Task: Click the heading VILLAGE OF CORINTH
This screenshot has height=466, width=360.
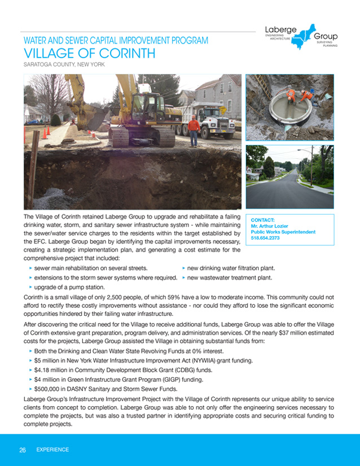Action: (89, 54)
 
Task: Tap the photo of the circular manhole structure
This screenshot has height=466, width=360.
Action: (289, 107)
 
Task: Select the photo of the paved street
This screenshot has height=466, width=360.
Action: (289, 177)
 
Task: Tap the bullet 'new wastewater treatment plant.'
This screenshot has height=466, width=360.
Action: (230, 278)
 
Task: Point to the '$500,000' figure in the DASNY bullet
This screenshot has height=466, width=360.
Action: (48, 389)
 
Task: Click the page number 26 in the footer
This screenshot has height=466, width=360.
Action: (23, 450)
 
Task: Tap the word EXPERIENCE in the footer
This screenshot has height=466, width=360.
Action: (52, 450)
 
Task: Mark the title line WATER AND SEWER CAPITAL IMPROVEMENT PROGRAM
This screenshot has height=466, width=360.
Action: (116, 41)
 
